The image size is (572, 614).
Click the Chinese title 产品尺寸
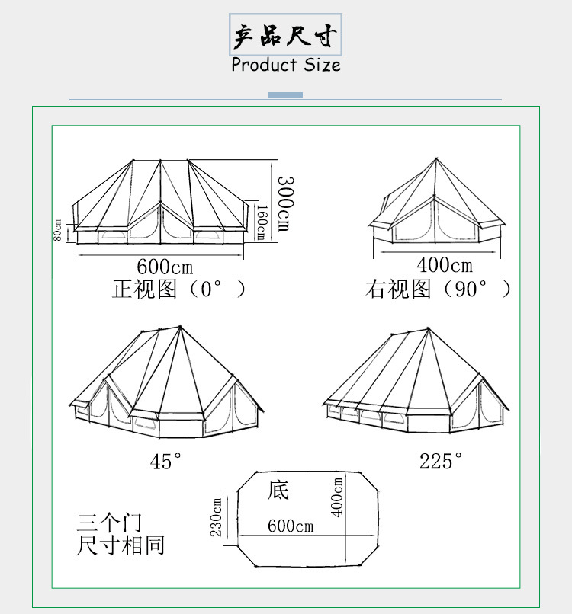(286, 35)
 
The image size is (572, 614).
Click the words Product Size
(286, 65)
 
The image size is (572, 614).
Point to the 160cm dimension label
(260, 222)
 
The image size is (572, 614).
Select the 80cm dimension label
(58, 231)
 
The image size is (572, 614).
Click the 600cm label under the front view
(165, 267)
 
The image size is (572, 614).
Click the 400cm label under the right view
(445, 266)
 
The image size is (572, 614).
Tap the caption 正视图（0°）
(179, 289)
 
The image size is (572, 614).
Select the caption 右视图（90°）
(438, 289)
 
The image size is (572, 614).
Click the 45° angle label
(166, 461)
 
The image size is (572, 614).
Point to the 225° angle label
(441, 461)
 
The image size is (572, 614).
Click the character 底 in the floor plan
(278, 490)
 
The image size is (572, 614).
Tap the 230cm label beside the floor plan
(217, 517)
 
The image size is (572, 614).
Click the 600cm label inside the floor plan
(290, 526)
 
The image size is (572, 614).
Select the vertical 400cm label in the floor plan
(338, 496)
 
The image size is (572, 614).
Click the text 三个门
(109, 523)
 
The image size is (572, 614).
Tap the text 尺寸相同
(121, 545)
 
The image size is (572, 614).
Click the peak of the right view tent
(436, 159)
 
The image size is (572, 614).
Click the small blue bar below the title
(286, 94)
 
